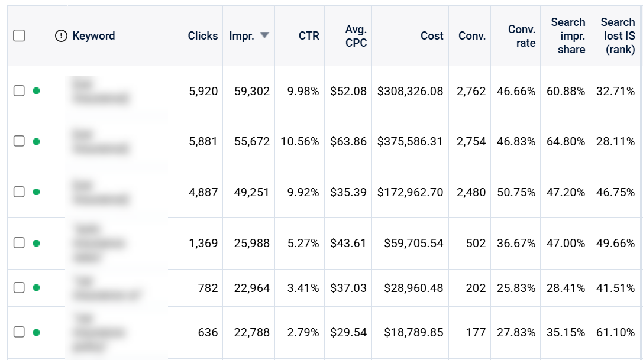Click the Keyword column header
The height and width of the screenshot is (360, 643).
click(x=93, y=36)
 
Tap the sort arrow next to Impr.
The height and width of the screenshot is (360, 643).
click(x=264, y=35)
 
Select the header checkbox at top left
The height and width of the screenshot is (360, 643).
click(x=19, y=36)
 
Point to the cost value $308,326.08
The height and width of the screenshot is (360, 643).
click(x=410, y=91)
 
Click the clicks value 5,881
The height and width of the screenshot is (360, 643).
click(x=203, y=142)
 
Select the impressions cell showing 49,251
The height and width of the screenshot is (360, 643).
click(x=252, y=192)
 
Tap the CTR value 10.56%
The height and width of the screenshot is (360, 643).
click(x=299, y=142)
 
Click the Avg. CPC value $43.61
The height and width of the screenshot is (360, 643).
click(x=348, y=243)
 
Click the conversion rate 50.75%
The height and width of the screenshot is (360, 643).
click(x=516, y=192)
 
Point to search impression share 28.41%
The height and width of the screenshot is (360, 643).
click(x=566, y=288)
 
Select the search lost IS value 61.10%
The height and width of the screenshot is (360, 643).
click(x=615, y=333)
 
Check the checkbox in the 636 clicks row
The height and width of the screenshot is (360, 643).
click(x=19, y=332)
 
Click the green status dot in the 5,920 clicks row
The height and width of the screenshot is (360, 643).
click(x=36, y=91)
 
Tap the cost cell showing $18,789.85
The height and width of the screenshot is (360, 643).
click(x=413, y=333)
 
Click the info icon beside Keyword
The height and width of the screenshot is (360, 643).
click(x=61, y=36)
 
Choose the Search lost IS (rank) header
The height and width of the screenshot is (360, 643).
click(x=618, y=36)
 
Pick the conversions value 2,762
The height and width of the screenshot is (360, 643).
click(x=471, y=91)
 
